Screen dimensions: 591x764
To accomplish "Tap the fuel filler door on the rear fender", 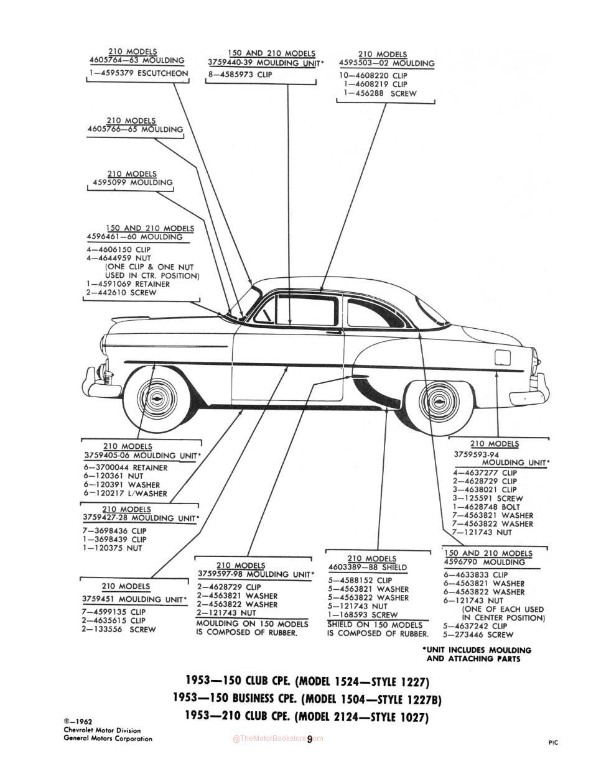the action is tap(503, 357).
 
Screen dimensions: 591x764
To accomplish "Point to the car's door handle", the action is tap(334, 331).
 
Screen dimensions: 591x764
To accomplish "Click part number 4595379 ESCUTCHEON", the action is tap(138, 73).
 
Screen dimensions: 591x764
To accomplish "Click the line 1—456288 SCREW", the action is tap(380, 93).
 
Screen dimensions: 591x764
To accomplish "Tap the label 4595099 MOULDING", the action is tap(133, 183).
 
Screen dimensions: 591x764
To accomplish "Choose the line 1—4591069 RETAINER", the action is tap(128, 284).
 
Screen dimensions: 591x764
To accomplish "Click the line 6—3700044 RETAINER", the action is tap(126, 468).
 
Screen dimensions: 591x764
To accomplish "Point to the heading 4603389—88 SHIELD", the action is tap(368, 568).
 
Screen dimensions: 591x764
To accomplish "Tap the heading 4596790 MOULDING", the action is tap(485, 562).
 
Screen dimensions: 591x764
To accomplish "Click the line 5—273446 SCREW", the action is tap(478, 635).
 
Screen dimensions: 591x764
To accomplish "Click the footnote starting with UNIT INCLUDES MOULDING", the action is tap(477, 655).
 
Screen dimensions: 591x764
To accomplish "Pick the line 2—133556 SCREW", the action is tap(119, 629).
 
